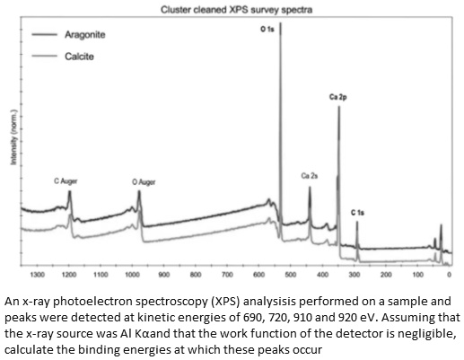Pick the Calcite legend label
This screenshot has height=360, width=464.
tap(80, 57)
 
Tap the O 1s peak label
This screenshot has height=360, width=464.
tap(267, 31)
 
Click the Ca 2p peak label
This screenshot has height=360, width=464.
tap(338, 97)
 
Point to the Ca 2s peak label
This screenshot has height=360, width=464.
tap(310, 176)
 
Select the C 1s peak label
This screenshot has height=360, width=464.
tap(357, 212)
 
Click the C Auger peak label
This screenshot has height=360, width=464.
tap(66, 180)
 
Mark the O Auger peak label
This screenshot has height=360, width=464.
tap(144, 181)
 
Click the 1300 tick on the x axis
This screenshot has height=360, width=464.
tap(37, 273)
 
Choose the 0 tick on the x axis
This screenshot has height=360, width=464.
tap(449, 273)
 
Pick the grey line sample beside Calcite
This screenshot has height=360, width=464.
tap(43, 57)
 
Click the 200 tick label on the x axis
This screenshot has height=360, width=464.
tap(386, 273)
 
